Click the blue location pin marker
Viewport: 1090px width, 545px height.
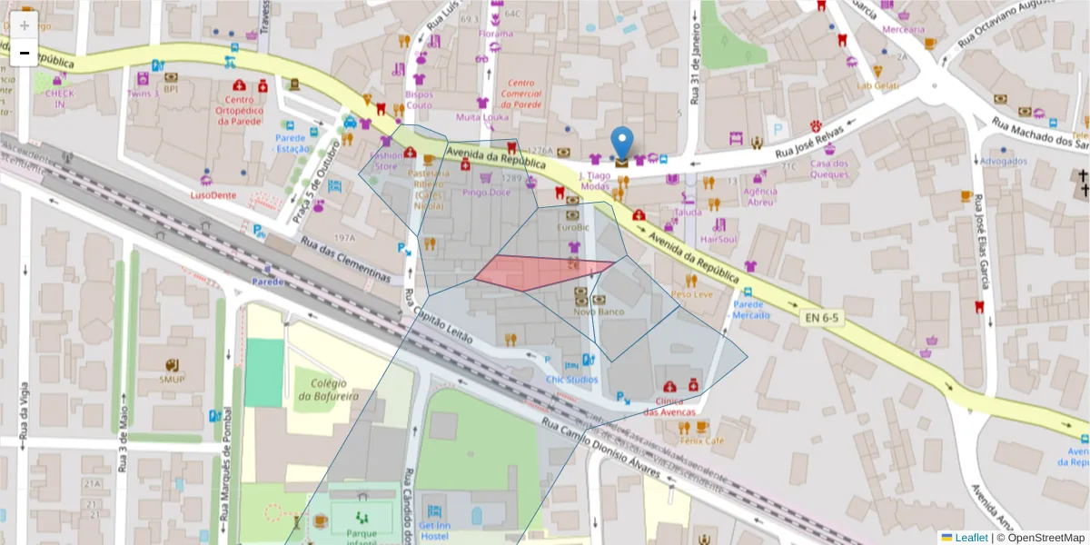(x=621, y=144)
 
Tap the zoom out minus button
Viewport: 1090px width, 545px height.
(x=25, y=53)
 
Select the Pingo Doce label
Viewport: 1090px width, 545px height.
(x=486, y=193)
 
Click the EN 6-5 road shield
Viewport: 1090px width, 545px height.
(x=820, y=318)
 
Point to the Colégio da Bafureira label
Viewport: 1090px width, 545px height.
(x=327, y=390)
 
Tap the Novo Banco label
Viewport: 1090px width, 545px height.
(x=599, y=312)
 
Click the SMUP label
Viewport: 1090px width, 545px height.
(x=172, y=379)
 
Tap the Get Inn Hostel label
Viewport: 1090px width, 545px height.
(x=434, y=530)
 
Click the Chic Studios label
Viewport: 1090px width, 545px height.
(x=571, y=379)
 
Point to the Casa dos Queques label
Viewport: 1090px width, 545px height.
(x=828, y=170)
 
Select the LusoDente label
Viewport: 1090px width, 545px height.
(x=213, y=194)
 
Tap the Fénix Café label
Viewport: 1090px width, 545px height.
(x=701, y=441)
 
